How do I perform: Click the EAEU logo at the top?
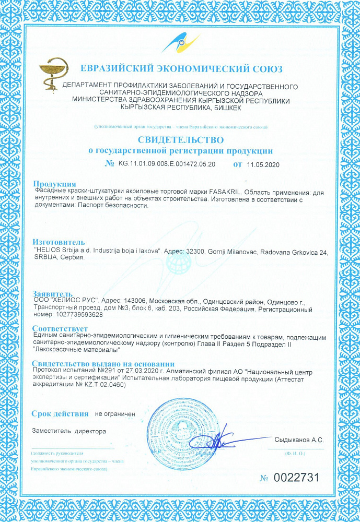pos(180,42)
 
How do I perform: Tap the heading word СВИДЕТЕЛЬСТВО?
pos(180,140)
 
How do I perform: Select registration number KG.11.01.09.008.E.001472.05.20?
pos(167,164)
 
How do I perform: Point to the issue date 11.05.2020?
pos(264,164)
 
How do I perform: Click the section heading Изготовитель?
pos(58,243)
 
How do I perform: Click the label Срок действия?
pos(60,414)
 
